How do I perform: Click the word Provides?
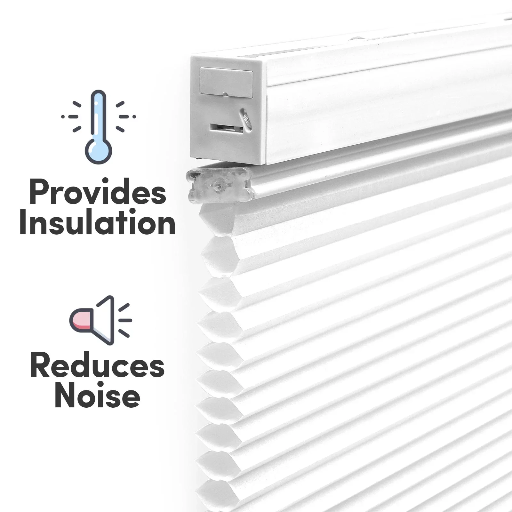98,193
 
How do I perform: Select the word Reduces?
97,367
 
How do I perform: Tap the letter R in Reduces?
40,367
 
